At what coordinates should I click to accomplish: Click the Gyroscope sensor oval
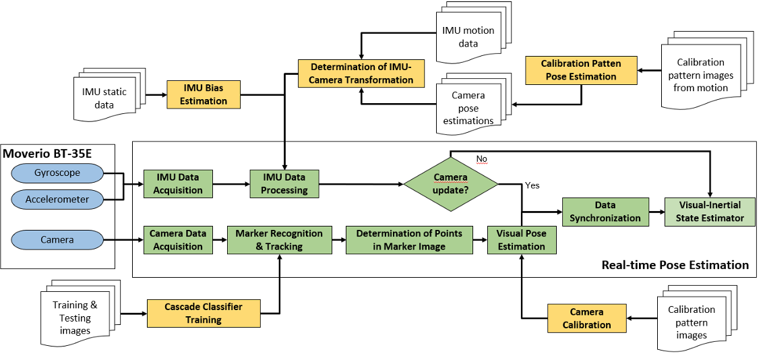(57, 173)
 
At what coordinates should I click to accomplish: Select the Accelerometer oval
(57, 200)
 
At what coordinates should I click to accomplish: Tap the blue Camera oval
(57, 239)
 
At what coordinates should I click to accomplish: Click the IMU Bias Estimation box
(203, 94)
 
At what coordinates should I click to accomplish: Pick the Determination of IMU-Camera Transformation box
(362, 73)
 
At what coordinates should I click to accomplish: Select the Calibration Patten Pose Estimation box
(580, 70)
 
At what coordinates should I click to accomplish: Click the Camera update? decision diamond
(450, 183)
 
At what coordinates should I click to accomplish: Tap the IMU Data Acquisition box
(178, 183)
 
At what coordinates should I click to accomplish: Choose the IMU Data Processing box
(284, 183)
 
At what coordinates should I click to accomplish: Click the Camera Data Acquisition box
(178, 240)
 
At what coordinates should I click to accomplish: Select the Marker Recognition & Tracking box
(279, 240)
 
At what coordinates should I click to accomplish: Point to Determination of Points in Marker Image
(409, 240)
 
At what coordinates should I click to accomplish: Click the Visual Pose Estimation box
(522, 240)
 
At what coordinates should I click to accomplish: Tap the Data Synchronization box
(605, 211)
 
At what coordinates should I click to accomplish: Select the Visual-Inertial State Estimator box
(709, 211)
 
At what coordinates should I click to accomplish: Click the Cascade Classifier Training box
(203, 313)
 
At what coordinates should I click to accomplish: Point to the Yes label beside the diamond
(532, 185)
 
